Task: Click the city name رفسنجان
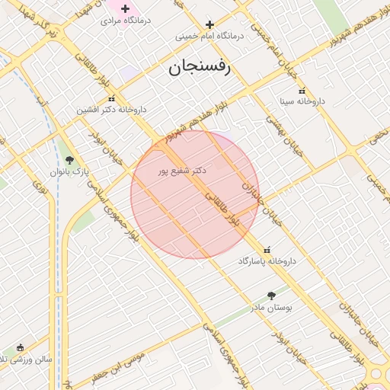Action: [203, 69]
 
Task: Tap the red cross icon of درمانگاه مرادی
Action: [126, 8]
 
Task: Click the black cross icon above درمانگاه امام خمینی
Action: [209, 24]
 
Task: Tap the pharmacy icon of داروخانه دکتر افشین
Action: [113, 97]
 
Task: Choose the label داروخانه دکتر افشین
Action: [111, 110]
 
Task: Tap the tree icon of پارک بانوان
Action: [70, 160]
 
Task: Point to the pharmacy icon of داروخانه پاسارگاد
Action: [267, 250]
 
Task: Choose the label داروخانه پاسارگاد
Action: [267, 261]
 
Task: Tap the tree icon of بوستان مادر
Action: [272, 296]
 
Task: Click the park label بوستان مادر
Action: [272, 308]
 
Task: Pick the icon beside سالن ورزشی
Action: [20, 347]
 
